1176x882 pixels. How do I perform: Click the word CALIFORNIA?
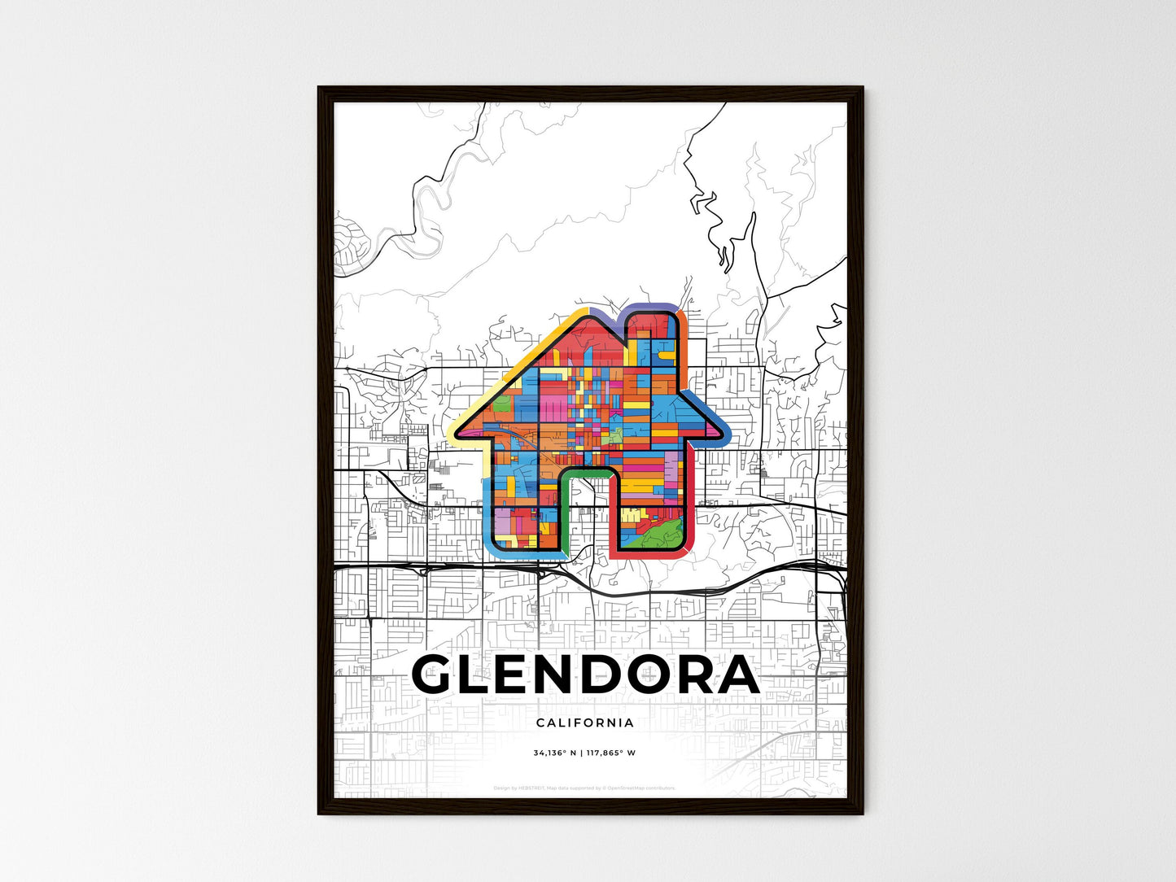[x=585, y=723]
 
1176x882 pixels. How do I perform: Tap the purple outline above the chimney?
[x=651, y=308]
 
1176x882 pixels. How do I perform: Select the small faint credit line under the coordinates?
[x=585, y=788]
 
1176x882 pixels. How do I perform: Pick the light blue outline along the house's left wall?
[x=486, y=504]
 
